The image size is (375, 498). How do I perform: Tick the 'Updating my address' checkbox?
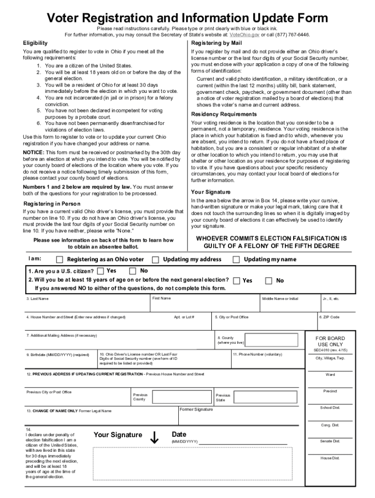pyautogui.click(x=155, y=260)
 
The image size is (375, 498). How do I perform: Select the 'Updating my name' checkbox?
pyautogui.click(x=236, y=260)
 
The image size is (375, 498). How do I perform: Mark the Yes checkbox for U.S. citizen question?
pyautogui.click(x=100, y=271)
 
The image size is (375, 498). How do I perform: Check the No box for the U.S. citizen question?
pyautogui.click(x=133, y=271)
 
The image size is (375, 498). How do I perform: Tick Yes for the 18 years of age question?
pyautogui.click(x=236, y=281)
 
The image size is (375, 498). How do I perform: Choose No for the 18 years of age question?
pyautogui.click(x=268, y=281)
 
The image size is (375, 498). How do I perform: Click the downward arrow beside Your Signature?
pyautogui.click(x=155, y=438)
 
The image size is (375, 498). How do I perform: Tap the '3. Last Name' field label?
pyautogui.click(x=37, y=299)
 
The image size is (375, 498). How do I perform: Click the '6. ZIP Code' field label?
pyautogui.click(x=329, y=317)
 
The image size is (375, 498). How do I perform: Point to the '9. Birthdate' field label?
pyautogui.click(x=57, y=355)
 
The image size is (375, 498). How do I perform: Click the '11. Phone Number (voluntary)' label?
pyautogui.click(x=257, y=355)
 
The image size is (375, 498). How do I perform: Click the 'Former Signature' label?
pyautogui.click(x=196, y=409)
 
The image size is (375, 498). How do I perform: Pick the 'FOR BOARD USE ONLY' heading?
pyautogui.click(x=330, y=341)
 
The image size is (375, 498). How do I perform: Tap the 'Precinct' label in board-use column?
pyautogui.click(x=330, y=391)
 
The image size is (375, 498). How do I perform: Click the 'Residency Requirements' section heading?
pyautogui.click(x=224, y=114)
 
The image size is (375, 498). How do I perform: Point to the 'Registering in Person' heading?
pyautogui.click(x=52, y=204)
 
